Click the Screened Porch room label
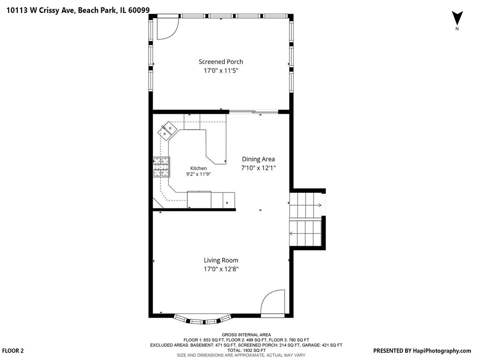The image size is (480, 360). point(221,62)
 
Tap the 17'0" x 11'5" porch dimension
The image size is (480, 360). point(221,71)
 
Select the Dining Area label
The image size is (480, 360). point(258,159)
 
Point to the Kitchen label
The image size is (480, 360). point(198,168)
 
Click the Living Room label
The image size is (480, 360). point(221,260)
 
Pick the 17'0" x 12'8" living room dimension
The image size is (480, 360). point(221,269)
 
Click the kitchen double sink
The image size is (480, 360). point(167,131)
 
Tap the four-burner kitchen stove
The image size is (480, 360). point(161,167)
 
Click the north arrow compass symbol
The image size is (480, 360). point(457,18)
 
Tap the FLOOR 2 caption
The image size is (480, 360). point(13,351)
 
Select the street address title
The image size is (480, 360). point(78,10)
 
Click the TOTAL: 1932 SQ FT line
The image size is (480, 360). point(246,350)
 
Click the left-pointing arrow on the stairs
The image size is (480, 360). point(305,234)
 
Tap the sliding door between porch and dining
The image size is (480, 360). point(254,112)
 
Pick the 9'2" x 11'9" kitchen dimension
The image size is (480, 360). point(198,174)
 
